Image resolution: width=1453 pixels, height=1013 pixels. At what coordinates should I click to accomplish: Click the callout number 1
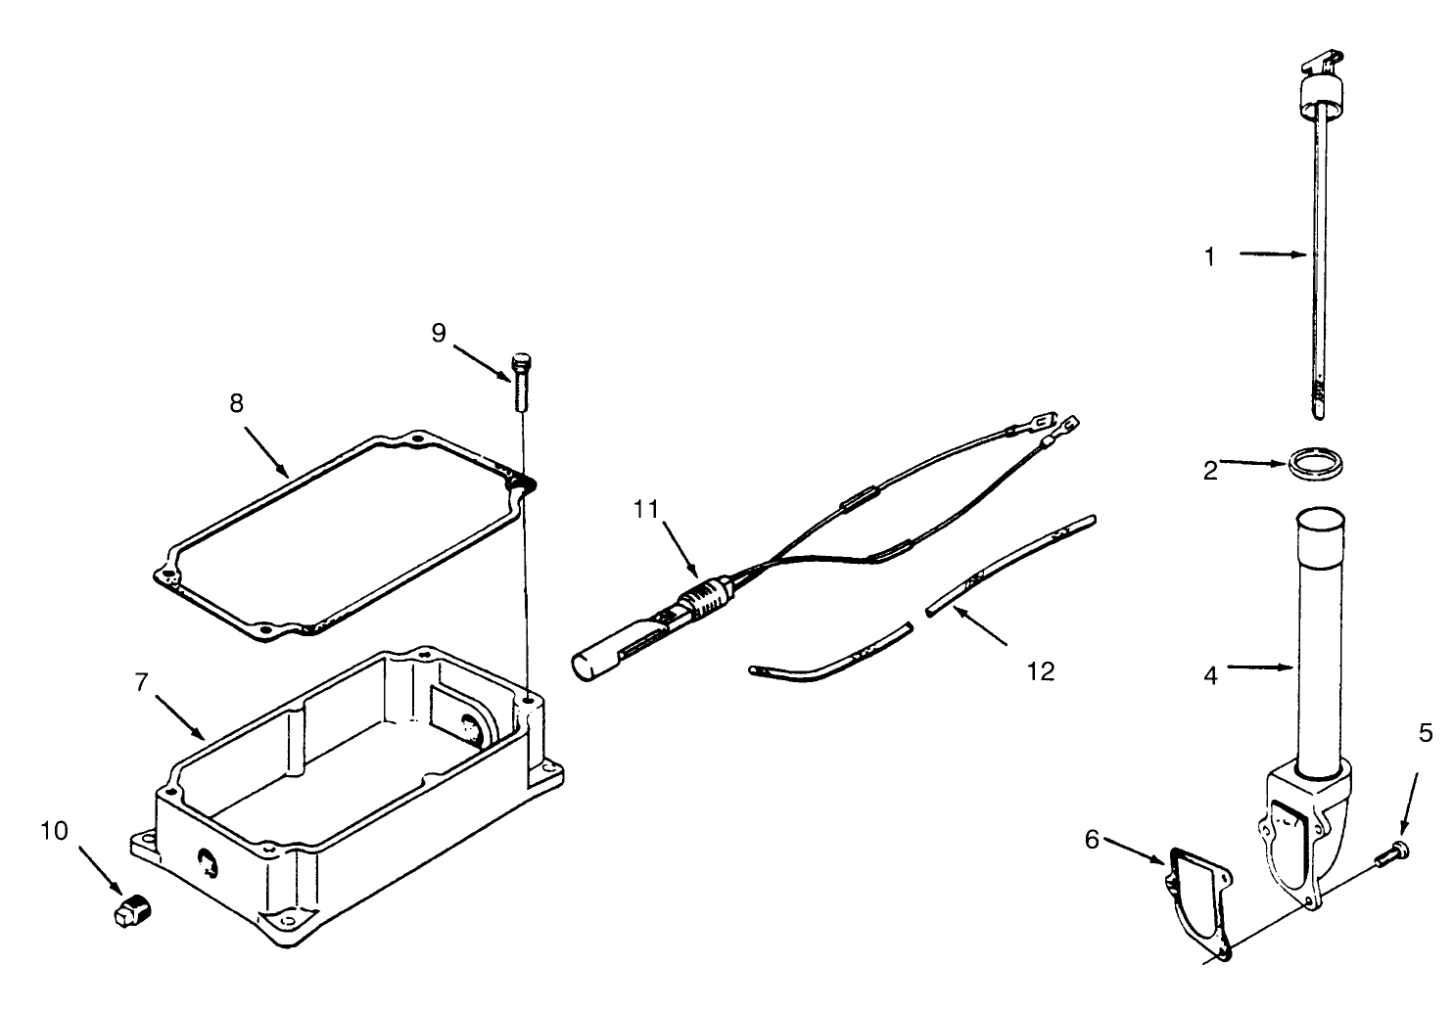tap(1210, 256)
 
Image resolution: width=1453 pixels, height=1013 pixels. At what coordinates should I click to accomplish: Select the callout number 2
tap(1210, 471)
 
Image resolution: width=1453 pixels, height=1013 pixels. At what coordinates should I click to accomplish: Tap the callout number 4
tap(1210, 675)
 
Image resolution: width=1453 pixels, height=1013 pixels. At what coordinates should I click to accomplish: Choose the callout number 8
tap(236, 402)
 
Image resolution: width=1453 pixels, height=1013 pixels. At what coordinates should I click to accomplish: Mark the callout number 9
tap(439, 333)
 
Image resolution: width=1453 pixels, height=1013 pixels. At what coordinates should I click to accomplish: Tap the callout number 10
tap(55, 831)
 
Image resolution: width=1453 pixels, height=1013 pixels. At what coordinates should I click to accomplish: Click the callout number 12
tap(1041, 671)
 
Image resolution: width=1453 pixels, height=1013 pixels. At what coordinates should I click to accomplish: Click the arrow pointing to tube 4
tap(1264, 668)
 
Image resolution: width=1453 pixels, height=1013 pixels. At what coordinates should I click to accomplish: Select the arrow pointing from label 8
tap(268, 451)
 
